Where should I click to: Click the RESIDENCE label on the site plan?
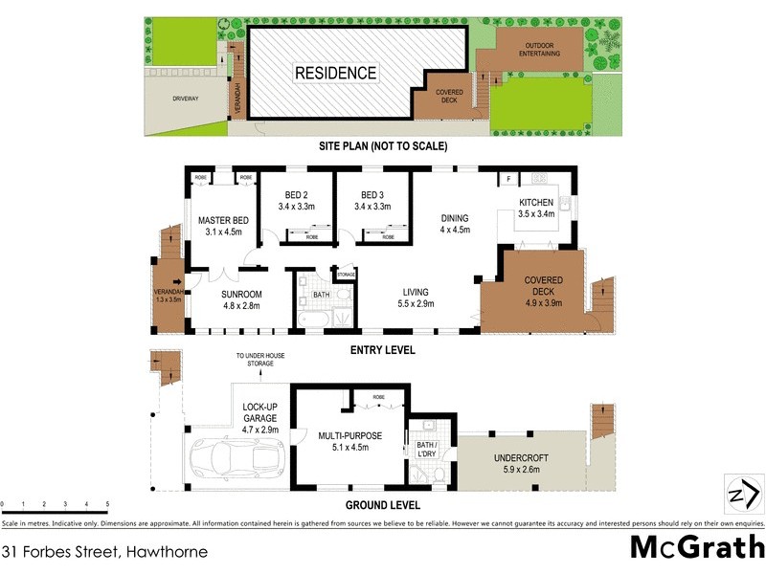335,73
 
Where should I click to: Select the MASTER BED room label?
223,221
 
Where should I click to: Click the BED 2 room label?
296,196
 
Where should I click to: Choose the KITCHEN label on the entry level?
536,203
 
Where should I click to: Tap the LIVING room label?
416,292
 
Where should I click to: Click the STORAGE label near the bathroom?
346,275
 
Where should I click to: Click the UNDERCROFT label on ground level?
521,457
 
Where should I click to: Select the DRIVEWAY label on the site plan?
186,98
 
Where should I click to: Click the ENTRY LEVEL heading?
383,350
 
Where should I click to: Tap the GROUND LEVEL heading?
383,505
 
